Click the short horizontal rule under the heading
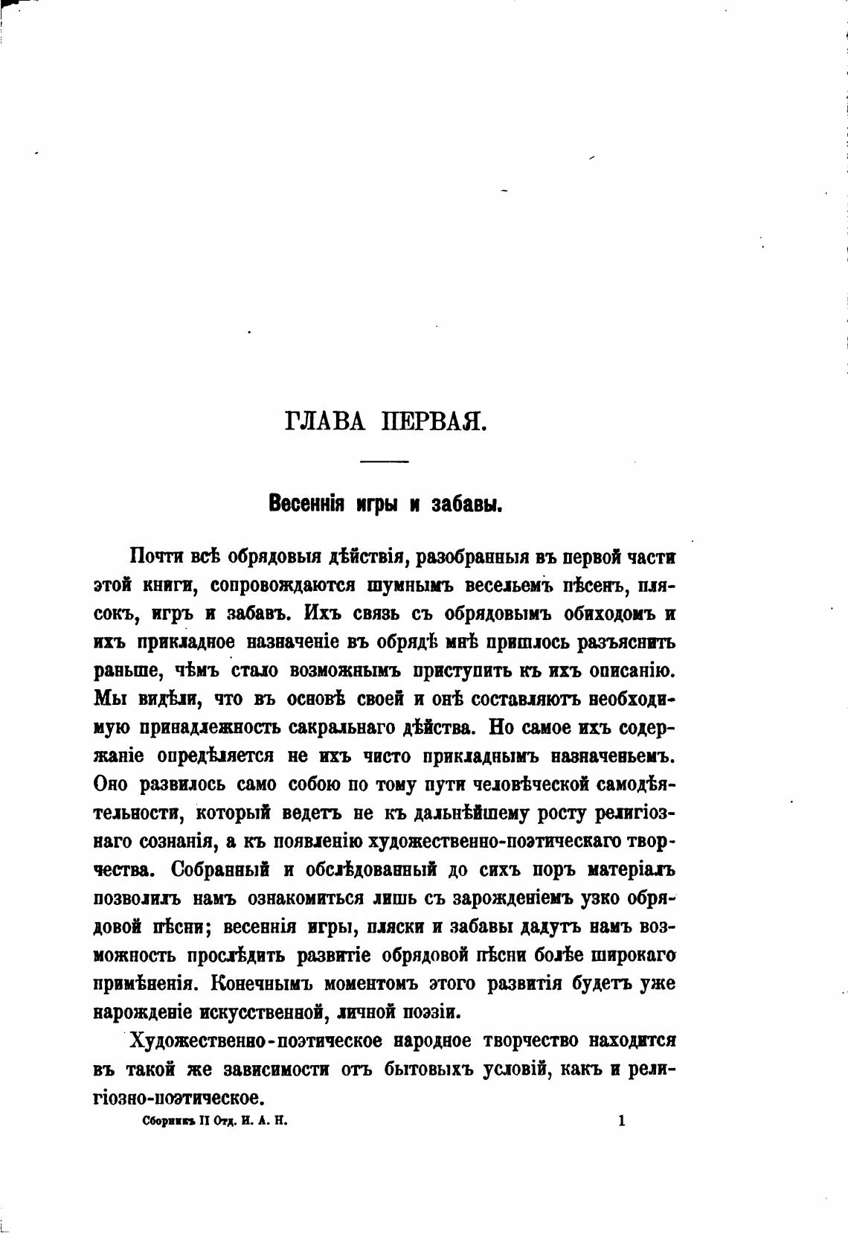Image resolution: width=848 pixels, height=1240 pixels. (384, 462)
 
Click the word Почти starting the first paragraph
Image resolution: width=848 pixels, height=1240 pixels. (155, 557)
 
